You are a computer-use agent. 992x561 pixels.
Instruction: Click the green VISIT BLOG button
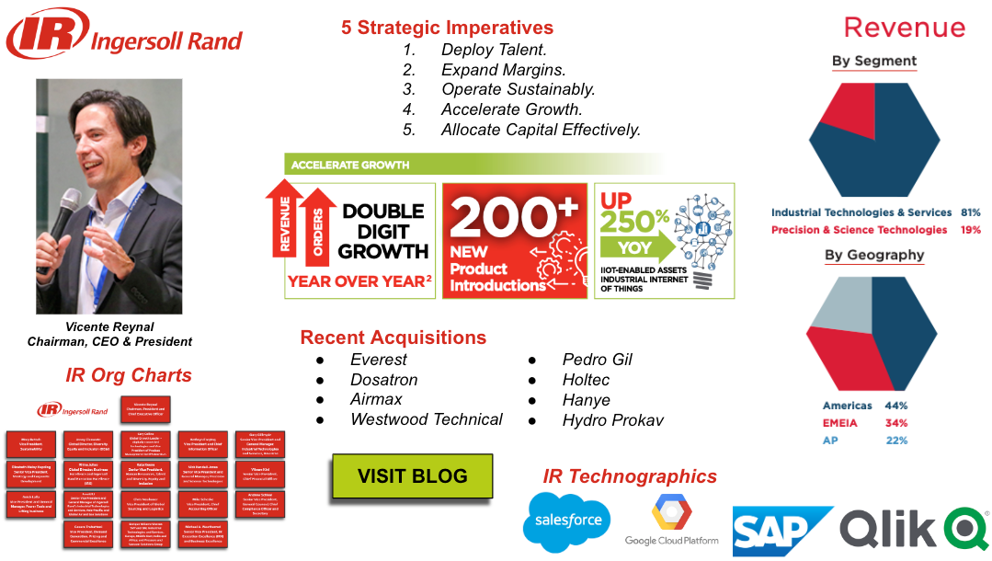(x=412, y=476)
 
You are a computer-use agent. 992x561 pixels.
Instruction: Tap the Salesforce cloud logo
(x=566, y=521)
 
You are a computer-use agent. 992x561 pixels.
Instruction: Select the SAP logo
(x=781, y=531)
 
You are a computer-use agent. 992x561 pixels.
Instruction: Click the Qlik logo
(x=914, y=532)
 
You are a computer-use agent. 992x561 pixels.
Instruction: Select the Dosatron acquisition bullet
(x=383, y=380)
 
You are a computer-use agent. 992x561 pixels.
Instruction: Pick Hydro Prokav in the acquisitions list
(x=612, y=420)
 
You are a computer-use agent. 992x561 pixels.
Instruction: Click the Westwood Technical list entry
(x=427, y=419)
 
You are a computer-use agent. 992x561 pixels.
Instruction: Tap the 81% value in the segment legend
(x=970, y=212)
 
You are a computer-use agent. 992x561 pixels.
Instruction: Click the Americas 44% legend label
(x=848, y=406)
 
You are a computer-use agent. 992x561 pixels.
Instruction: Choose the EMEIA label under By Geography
(x=840, y=423)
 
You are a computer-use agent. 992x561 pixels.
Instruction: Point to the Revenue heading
(x=904, y=28)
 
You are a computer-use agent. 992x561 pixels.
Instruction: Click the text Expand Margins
(x=503, y=70)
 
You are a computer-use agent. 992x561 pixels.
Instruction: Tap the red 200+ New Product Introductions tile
(x=514, y=240)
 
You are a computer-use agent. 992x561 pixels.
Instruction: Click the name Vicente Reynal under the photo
(x=109, y=326)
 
